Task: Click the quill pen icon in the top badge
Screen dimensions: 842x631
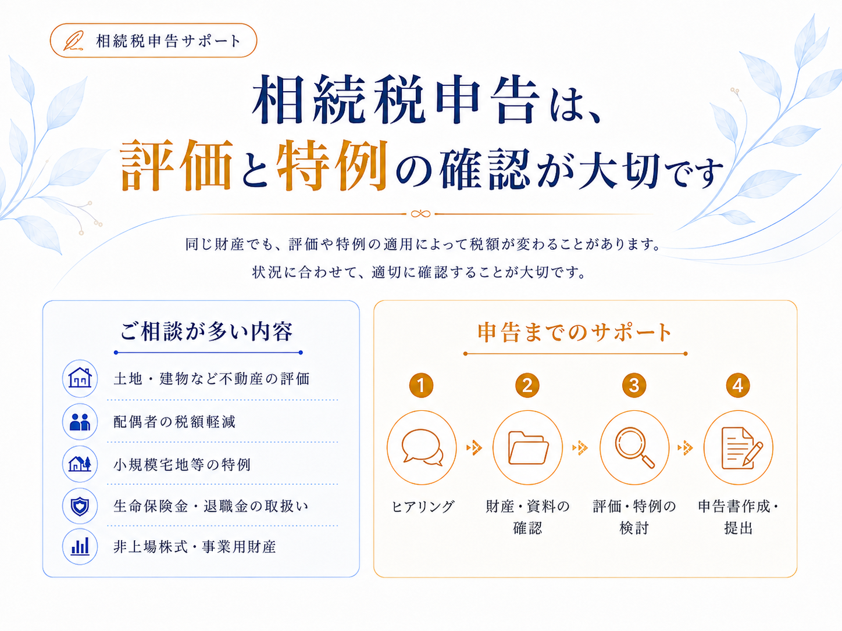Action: [x=74, y=41]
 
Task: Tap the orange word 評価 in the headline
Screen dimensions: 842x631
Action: [x=176, y=165]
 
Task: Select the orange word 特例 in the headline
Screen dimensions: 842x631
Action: [x=332, y=165]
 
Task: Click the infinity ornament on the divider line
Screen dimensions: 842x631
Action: [x=420, y=214]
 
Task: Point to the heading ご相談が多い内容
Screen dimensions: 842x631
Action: [x=207, y=331]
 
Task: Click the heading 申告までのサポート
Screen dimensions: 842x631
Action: [x=575, y=332]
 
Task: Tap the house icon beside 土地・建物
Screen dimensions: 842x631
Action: [x=80, y=378]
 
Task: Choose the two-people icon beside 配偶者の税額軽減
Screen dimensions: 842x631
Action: [x=80, y=422]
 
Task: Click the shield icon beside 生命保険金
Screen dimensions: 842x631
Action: [x=80, y=506]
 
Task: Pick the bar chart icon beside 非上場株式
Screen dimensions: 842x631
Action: [x=80, y=546]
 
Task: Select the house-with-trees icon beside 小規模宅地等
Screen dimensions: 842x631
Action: [x=80, y=464]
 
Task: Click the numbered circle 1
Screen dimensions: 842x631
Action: [x=421, y=385]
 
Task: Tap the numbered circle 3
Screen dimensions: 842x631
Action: [x=634, y=385]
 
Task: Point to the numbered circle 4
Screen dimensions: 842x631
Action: [x=738, y=385]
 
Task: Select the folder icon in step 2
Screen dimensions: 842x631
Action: [x=528, y=447]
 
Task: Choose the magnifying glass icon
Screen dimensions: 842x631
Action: [x=634, y=447]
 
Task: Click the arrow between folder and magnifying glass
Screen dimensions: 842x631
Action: [x=580, y=447]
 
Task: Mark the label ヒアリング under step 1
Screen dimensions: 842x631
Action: [x=422, y=507]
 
